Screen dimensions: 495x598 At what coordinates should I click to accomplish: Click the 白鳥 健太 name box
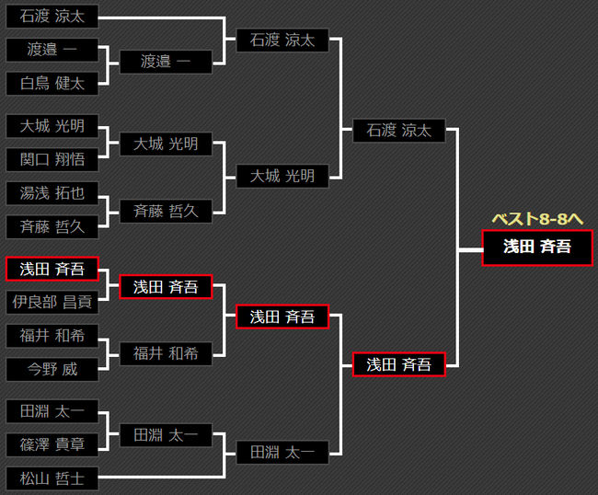[x=52, y=84]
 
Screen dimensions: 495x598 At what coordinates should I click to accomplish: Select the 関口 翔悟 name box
[x=52, y=159]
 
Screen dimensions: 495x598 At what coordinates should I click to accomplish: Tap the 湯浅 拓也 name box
[x=52, y=193]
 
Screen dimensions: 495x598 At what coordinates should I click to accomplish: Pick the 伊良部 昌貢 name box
[x=52, y=302]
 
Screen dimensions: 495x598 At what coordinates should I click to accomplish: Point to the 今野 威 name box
[x=52, y=370]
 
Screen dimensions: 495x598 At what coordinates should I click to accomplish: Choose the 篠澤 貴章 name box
[x=52, y=444]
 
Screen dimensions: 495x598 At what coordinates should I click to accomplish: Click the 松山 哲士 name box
[x=52, y=478]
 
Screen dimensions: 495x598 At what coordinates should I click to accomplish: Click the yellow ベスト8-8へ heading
[x=538, y=219]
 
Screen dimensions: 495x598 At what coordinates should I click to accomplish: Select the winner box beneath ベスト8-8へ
[x=537, y=247]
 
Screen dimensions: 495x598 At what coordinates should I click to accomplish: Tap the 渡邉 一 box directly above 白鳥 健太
[x=52, y=50]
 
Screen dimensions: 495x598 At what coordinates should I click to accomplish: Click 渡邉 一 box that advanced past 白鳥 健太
[x=166, y=62]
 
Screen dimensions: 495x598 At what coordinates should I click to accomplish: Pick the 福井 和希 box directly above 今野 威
[x=52, y=336]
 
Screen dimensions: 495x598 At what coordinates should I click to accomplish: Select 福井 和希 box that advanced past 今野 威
[x=166, y=353]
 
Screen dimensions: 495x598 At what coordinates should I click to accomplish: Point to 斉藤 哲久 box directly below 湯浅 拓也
[x=52, y=227]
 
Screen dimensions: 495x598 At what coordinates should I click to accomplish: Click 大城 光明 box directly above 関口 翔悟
[x=52, y=126]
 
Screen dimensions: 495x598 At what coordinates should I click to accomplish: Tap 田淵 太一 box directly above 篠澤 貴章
[x=52, y=411]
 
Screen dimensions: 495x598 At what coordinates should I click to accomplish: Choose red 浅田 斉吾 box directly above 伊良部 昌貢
[x=52, y=269]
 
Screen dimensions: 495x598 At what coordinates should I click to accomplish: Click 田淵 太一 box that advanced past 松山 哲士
[x=282, y=452]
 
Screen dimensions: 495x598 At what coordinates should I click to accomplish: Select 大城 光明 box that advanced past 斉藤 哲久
[x=282, y=176]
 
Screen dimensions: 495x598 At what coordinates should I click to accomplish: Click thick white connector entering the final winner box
[x=470, y=247]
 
